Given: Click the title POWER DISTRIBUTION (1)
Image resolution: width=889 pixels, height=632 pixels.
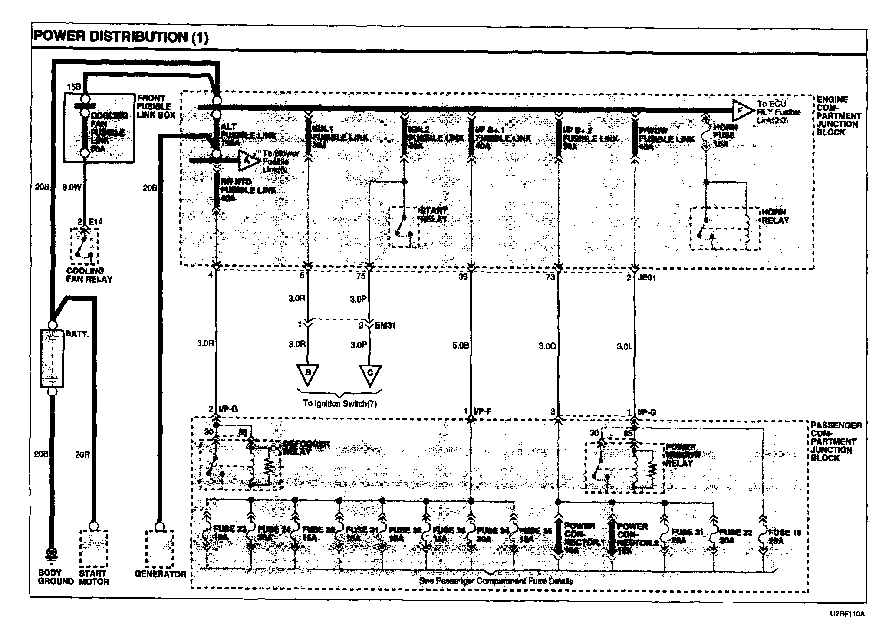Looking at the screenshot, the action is point(121,37).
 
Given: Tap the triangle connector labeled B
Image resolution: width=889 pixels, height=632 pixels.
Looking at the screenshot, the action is point(308,374).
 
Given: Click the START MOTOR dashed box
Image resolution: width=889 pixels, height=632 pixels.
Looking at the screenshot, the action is point(93,548).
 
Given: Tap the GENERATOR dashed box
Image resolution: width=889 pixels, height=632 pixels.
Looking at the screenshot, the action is point(160,549).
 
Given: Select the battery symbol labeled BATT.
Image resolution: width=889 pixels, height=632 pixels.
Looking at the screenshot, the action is point(52,359).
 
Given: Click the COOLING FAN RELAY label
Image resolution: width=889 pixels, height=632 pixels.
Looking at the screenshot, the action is point(89,275).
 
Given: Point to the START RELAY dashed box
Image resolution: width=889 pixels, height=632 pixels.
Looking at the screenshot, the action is point(404,227).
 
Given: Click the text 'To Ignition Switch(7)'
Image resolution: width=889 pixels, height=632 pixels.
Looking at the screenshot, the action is point(340,403).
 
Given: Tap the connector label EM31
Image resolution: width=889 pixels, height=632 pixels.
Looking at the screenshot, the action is point(385,325).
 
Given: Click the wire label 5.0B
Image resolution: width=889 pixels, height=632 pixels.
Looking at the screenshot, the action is point(460,346).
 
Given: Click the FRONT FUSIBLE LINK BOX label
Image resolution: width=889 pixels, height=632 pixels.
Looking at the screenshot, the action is point(155,106).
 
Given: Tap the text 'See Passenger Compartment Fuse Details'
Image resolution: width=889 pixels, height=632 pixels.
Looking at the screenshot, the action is point(496,581).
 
